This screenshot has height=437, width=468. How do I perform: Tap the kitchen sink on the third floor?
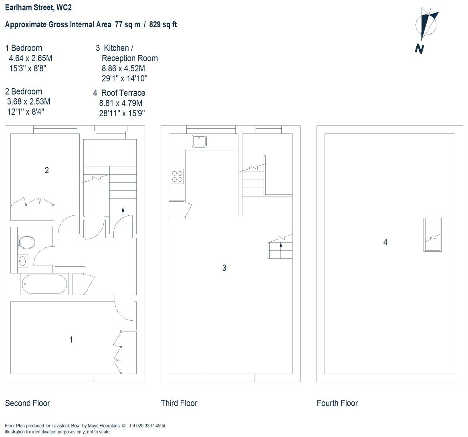pyautogui.click(x=199, y=141)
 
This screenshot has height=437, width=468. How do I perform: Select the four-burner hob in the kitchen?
pyautogui.click(x=177, y=176)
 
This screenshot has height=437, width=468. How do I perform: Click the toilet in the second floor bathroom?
pyautogui.click(x=26, y=242)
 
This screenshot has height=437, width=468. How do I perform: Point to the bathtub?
pyautogui.click(x=44, y=284)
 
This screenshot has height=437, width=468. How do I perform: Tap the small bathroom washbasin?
pyautogui.click(x=22, y=261)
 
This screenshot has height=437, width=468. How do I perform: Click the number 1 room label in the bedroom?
pyautogui.click(x=71, y=340)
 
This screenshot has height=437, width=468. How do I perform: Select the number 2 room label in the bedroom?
pyautogui.click(x=46, y=170)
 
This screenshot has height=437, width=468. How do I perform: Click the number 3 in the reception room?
pyautogui.click(x=224, y=268)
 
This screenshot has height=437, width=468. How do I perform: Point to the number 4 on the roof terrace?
pyautogui.click(x=385, y=242)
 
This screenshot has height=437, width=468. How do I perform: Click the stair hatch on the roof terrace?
pyautogui.click(x=432, y=235)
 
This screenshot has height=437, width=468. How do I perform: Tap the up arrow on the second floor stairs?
pyautogui.click(x=123, y=209)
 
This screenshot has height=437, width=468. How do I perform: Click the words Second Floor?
pyautogui.click(x=27, y=403)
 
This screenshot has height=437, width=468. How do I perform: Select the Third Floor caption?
pyautogui.click(x=179, y=403)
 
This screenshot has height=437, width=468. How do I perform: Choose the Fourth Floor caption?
pyautogui.click(x=337, y=403)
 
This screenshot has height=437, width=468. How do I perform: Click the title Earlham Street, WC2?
pyautogui.click(x=38, y=8)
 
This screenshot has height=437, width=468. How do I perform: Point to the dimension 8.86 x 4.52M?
pyautogui.click(x=123, y=69)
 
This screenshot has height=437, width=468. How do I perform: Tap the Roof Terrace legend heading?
pyautogui.click(x=123, y=93)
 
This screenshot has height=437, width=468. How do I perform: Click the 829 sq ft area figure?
pyautogui.click(x=163, y=24)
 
